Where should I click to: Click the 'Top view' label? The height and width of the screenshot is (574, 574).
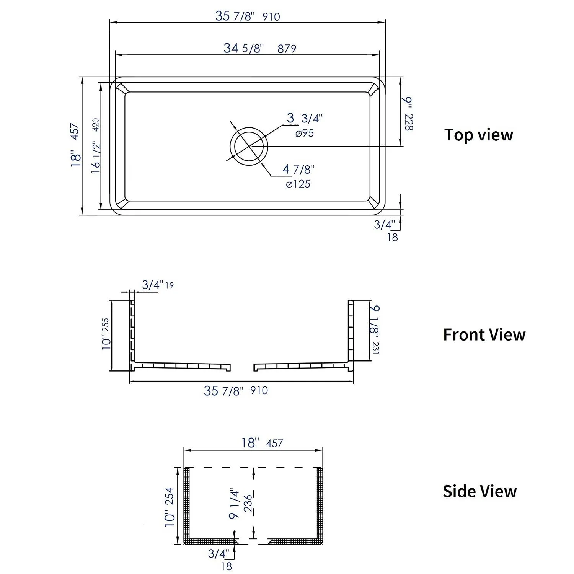(x=478, y=135)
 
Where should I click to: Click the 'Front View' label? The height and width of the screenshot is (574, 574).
(x=484, y=335)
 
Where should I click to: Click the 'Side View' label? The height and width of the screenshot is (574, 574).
(x=479, y=491)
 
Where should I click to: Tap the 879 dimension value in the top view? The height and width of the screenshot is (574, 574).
(x=287, y=49)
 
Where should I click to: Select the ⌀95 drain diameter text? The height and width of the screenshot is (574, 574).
(x=305, y=133)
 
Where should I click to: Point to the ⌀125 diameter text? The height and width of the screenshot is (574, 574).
(x=298, y=184)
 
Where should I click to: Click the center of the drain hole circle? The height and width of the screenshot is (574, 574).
(x=249, y=146)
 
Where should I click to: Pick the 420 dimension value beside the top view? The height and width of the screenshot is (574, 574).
(x=95, y=125)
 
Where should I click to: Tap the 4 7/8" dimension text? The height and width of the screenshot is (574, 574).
(x=298, y=169)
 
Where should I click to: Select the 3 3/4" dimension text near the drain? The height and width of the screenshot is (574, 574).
(x=305, y=118)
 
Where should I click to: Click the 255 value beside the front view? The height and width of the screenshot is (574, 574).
(x=105, y=325)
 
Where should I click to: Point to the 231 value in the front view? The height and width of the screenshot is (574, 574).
(x=375, y=348)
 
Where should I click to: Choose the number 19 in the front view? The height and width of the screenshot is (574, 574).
(x=169, y=285)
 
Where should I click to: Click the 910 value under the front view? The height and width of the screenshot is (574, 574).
(x=259, y=391)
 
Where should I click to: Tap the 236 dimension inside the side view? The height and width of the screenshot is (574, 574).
(x=248, y=503)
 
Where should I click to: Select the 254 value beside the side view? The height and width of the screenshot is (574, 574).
(x=169, y=496)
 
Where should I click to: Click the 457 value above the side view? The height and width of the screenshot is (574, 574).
(x=274, y=444)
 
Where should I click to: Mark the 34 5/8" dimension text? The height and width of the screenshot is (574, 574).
(x=244, y=48)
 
